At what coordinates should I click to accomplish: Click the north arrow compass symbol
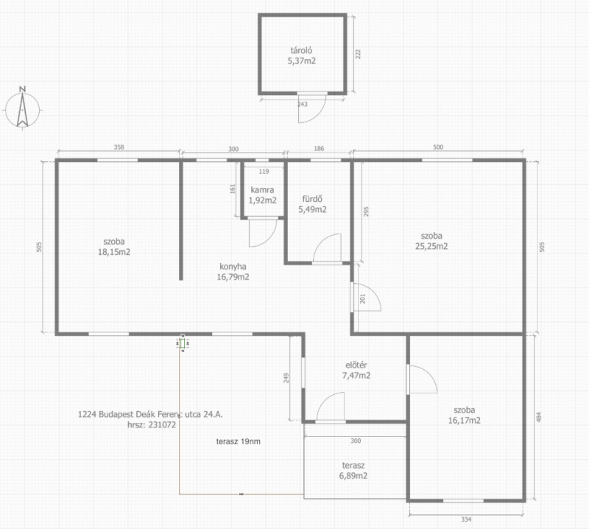tap(23, 108)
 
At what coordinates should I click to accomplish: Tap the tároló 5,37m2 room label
tap(302, 56)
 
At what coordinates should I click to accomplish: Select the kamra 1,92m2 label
tap(263, 195)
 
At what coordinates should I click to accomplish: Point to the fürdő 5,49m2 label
tap(312, 204)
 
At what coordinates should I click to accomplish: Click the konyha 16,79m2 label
tap(233, 272)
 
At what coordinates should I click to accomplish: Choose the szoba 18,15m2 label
tap(114, 247)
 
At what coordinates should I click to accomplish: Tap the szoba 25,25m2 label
tap(431, 241)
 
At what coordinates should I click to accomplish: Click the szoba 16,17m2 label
tap(465, 415)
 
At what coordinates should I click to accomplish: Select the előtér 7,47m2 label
tap(356, 370)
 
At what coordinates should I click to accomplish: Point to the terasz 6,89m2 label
tap(353, 470)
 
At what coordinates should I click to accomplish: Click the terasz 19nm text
tap(238, 441)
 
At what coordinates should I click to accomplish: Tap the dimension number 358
tap(119, 147)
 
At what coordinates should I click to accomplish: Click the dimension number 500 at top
tap(438, 147)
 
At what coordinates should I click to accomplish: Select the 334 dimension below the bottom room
tap(466, 519)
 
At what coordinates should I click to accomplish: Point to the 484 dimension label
tap(539, 417)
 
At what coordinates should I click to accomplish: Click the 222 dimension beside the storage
tap(358, 54)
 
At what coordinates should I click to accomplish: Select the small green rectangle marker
tap(183, 343)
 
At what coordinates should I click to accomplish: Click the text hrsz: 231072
tap(152, 425)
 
